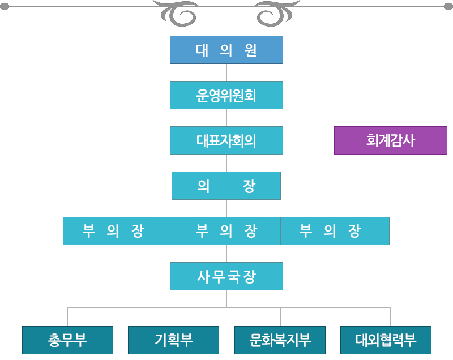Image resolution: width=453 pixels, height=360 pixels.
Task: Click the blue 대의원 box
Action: (x=226, y=50)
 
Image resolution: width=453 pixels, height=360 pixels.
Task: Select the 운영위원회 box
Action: (x=226, y=95)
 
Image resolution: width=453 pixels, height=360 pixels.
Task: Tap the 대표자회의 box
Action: (x=226, y=140)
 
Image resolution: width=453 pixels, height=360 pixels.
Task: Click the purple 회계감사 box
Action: (x=391, y=140)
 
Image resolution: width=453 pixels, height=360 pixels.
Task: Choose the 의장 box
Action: (x=226, y=186)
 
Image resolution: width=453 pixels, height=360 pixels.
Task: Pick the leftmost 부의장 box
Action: (x=117, y=231)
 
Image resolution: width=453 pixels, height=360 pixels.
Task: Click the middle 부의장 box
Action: (x=226, y=231)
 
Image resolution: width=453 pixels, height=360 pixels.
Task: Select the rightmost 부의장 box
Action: (x=335, y=231)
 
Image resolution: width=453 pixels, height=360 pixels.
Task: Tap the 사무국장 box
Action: (x=226, y=276)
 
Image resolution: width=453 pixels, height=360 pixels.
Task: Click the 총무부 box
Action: (x=67, y=340)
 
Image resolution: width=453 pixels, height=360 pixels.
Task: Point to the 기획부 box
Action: (x=173, y=340)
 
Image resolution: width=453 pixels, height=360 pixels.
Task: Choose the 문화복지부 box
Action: (x=280, y=340)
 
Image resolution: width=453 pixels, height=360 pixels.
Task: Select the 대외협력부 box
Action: (x=386, y=340)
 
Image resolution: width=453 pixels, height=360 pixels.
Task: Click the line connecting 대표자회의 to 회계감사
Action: (x=309, y=140)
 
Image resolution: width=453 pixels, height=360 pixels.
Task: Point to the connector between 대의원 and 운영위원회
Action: (x=227, y=72)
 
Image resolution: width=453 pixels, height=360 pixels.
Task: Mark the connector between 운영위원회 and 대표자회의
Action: (x=227, y=118)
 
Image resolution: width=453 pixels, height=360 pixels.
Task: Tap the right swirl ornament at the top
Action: (x=277, y=14)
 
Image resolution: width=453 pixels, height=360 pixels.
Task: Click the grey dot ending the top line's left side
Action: (x=5, y=6)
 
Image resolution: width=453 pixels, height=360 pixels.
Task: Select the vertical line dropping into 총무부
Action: (x=67, y=317)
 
